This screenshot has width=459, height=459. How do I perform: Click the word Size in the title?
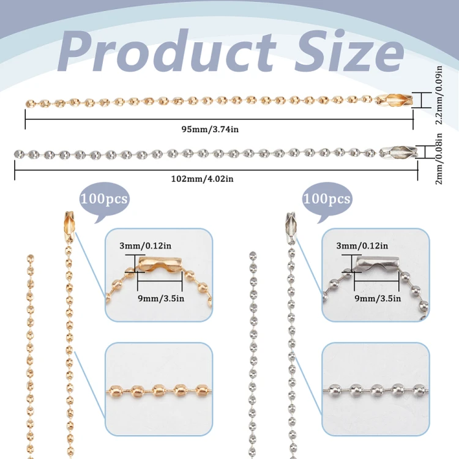tap(349, 50)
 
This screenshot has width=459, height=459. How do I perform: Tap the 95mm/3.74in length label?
tap(210, 129)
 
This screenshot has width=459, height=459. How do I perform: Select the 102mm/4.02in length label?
tap(203, 179)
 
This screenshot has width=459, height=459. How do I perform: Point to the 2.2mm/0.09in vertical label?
tap(439, 95)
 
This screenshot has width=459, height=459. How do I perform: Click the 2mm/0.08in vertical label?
tap(439, 159)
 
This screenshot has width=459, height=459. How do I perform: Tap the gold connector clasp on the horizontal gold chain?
tap(394, 100)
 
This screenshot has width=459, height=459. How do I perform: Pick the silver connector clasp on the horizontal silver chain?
tap(398, 152)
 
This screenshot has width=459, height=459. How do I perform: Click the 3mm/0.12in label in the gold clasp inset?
tap(146, 245)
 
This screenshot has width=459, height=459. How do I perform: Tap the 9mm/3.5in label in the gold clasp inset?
tap(161, 298)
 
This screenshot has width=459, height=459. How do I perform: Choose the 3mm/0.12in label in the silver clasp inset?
tap(362, 245)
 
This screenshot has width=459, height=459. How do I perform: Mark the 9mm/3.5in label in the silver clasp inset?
tap(378, 298)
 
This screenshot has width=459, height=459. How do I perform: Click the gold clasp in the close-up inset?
tap(160, 264)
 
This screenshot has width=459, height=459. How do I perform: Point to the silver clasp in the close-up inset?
tap(378, 264)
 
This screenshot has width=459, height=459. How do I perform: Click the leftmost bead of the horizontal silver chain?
tap(20, 154)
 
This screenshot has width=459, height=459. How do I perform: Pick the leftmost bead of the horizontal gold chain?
tap(31, 103)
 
